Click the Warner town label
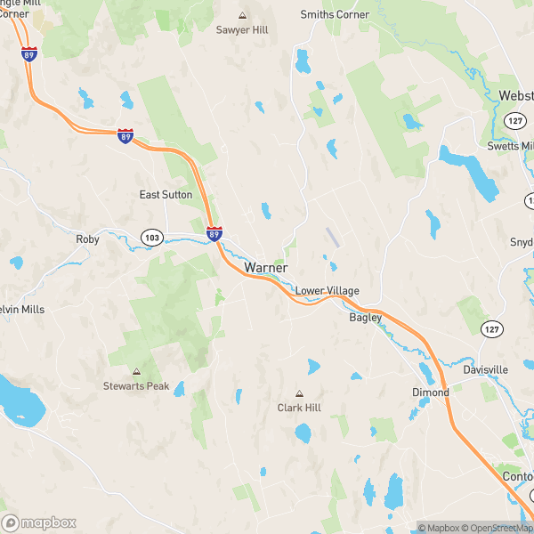265,267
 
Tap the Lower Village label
327,291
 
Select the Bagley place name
365,318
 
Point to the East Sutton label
166,195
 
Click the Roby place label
87,239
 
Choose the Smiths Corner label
334,15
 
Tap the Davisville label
485,369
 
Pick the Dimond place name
430,392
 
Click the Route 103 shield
152,237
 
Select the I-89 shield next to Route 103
214,234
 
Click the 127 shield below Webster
514,120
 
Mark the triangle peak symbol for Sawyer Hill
242,15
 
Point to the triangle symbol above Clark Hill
299,393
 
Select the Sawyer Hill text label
242,30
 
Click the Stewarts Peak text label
136,386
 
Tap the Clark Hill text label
299,408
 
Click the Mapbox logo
39,523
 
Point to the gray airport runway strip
332,237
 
